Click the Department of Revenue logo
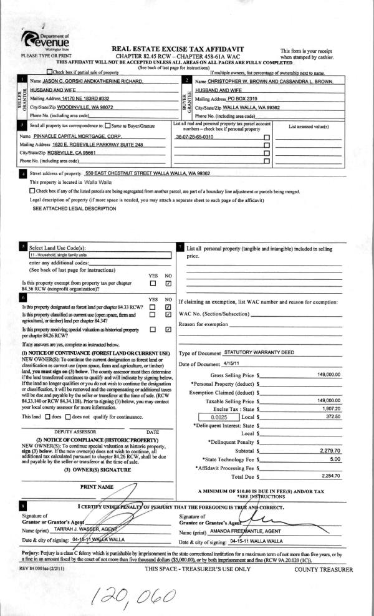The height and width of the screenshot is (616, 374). click(x=44, y=42)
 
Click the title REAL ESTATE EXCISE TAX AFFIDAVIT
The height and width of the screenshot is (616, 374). click(x=177, y=48)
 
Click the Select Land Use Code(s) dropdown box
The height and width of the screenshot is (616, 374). click(x=100, y=255)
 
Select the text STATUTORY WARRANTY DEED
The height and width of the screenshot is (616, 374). click(x=259, y=352)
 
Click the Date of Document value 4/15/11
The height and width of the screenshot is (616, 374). click(x=231, y=363)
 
